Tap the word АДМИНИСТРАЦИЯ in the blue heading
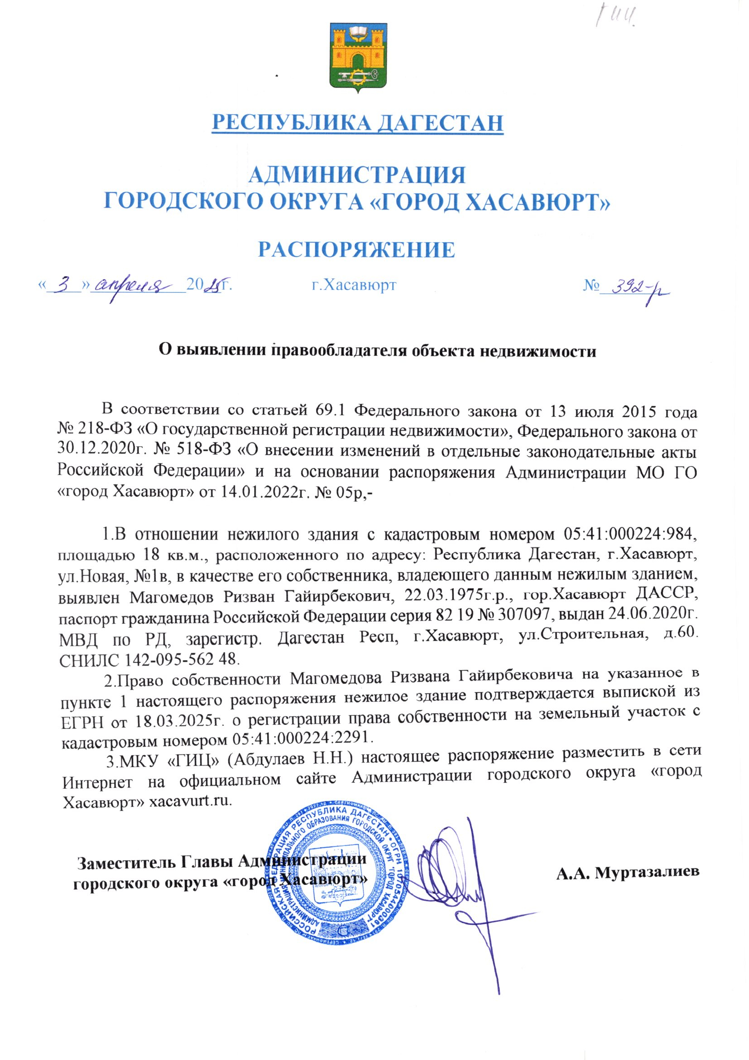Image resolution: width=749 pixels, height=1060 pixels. tap(357, 175)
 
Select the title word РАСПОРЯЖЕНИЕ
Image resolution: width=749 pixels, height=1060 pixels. tap(356, 249)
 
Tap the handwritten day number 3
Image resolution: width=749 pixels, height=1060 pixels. tap(66, 286)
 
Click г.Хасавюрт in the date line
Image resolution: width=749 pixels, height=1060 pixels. tap(353, 285)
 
